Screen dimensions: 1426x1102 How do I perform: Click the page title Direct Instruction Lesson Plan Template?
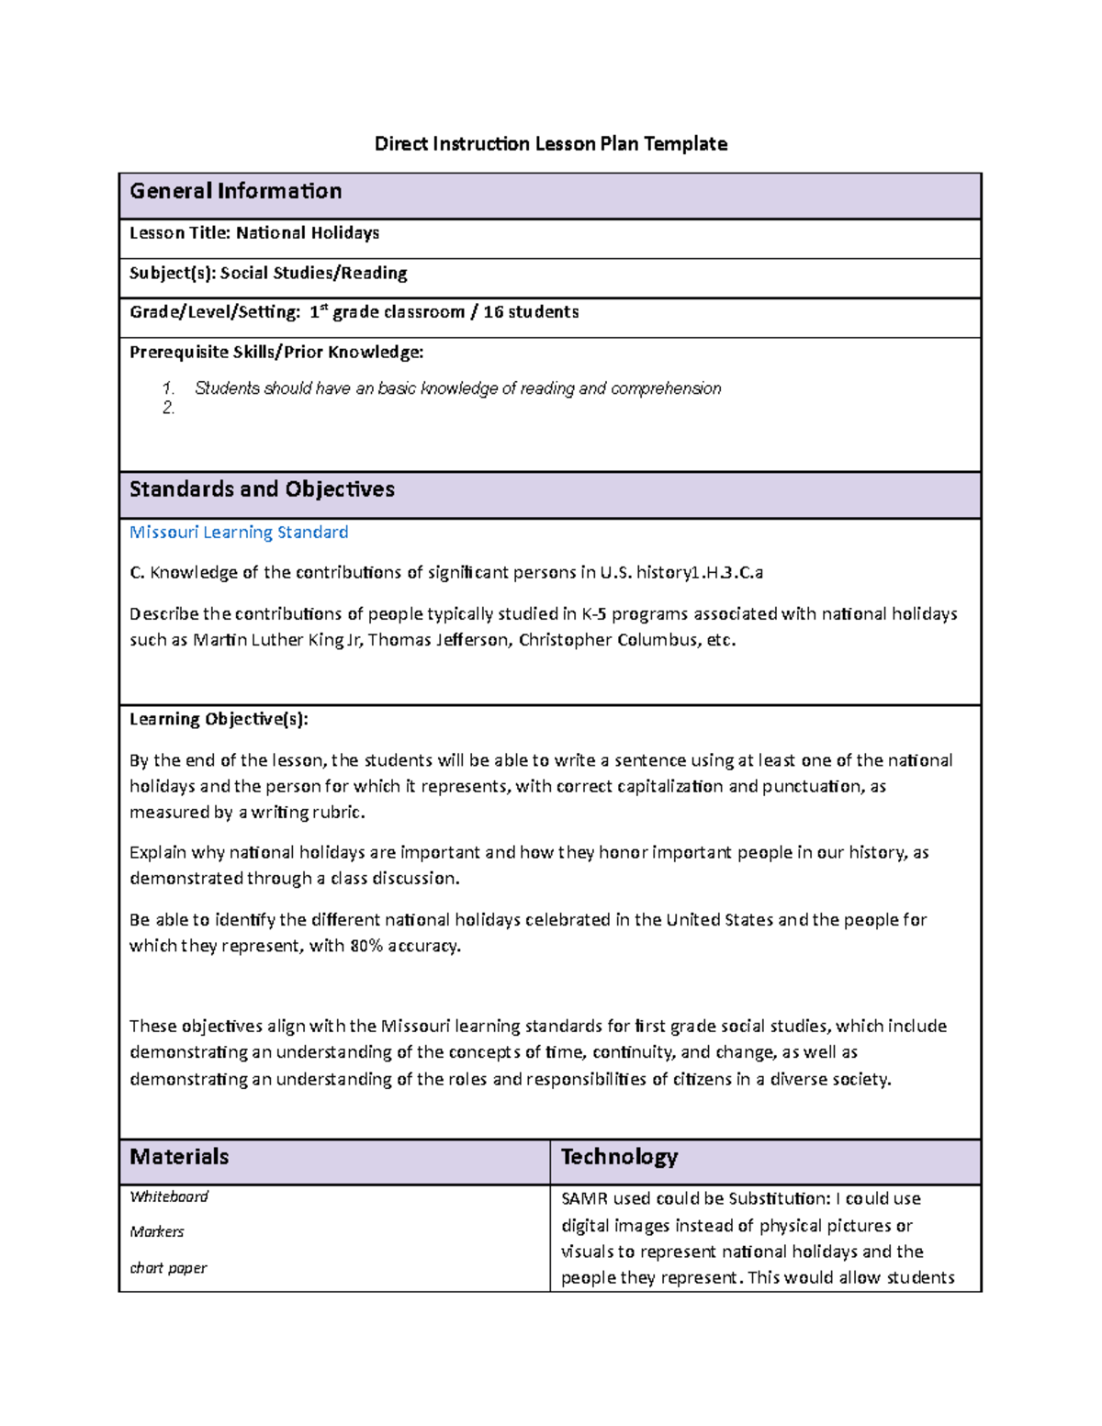tap(550, 143)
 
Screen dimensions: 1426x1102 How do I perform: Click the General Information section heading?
tap(236, 191)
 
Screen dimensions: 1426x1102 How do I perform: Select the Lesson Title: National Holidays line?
tap(254, 233)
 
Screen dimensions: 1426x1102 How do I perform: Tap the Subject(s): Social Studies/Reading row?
tap(268, 273)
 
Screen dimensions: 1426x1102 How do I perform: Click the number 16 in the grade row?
tap(493, 312)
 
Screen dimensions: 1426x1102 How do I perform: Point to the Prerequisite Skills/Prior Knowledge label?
tap(276, 352)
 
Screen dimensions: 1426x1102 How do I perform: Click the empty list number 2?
tap(168, 408)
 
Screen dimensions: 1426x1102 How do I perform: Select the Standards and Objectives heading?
tap(262, 489)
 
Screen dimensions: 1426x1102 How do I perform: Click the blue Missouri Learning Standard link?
tap(239, 533)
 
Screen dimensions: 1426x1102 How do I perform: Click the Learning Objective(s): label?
tap(219, 719)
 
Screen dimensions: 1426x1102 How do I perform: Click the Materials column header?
tap(179, 1157)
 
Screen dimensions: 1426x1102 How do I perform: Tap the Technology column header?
tap(619, 1157)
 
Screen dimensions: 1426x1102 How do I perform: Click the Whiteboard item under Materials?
tap(169, 1196)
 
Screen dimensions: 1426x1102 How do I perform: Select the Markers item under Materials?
tap(157, 1231)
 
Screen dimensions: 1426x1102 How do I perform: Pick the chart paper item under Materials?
tap(168, 1268)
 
